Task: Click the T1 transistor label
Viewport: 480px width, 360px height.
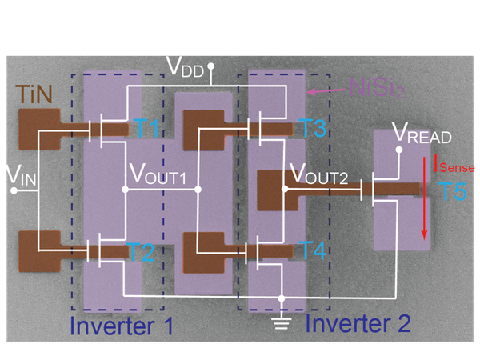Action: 146,129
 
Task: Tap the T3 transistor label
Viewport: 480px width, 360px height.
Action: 314,128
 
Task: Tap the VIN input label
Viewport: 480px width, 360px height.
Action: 18,174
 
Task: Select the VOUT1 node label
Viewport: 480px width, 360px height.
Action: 163,174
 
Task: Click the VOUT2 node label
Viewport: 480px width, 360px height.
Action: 320,174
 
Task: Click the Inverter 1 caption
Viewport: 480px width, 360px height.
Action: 122,325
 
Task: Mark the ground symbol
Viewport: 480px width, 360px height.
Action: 280,322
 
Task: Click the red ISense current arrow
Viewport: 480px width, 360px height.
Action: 425,200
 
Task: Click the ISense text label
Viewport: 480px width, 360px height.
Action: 454,166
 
